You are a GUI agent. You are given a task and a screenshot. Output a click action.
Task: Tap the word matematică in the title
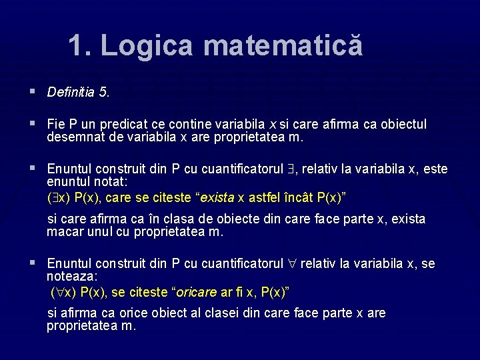[x=283, y=46]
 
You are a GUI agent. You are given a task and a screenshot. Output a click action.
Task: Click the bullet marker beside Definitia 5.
[x=33, y=91]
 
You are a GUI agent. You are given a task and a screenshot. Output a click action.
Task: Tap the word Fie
[x=56, y=125]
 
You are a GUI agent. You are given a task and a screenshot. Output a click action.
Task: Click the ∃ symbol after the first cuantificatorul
[x=291, y=169]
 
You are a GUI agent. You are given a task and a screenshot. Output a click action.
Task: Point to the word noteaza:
[x=72, y=276]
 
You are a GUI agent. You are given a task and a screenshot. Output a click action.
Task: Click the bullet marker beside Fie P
[x=33, y=124]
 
